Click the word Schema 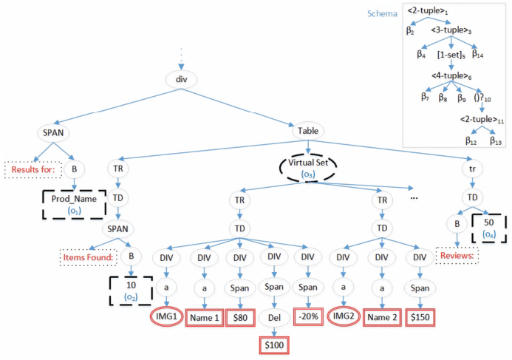click(x=383, y=14)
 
